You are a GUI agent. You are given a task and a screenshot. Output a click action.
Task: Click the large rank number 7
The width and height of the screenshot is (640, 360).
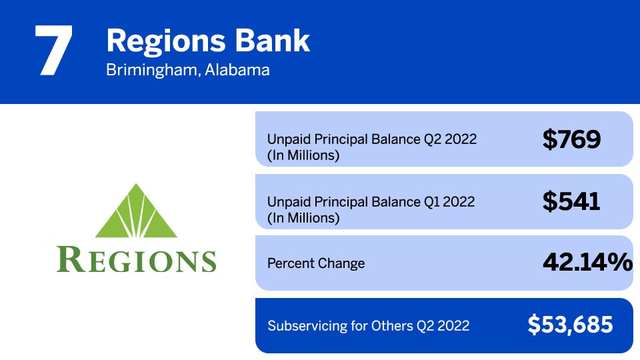53,51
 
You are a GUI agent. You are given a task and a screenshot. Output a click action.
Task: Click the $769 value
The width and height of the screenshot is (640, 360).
571,139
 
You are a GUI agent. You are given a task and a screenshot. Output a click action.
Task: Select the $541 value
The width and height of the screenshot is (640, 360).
571,201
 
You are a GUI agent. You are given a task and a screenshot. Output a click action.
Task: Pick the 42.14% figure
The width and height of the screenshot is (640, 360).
587,263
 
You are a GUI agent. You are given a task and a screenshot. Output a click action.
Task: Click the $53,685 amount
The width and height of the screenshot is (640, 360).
570,325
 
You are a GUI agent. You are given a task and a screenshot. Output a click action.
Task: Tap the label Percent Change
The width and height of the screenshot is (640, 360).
316,263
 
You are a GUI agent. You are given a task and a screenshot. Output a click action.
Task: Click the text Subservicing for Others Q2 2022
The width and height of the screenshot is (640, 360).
368,326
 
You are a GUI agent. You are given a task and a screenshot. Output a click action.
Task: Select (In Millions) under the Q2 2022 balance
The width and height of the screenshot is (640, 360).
303,156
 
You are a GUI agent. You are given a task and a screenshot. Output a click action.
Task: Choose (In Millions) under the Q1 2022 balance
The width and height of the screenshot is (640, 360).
303,217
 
